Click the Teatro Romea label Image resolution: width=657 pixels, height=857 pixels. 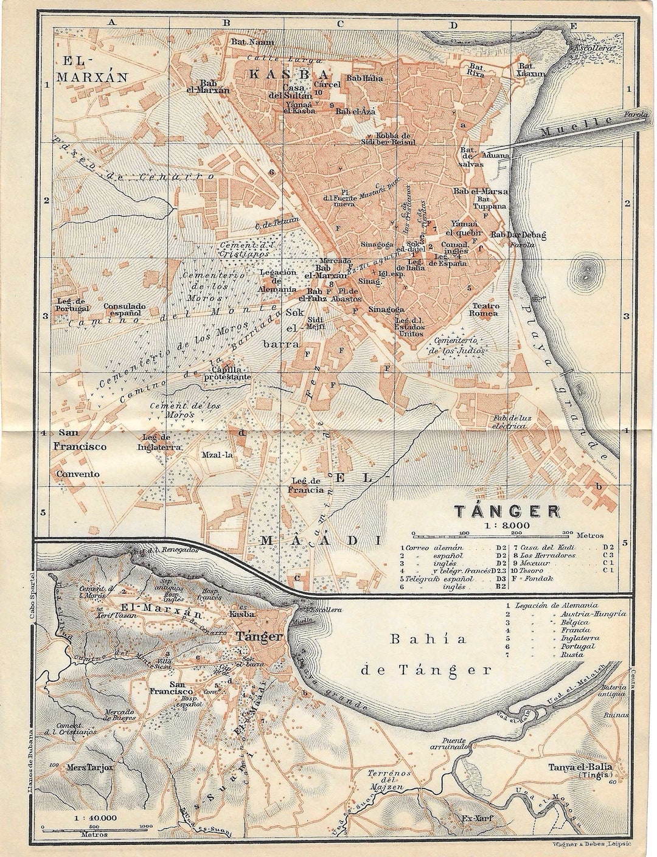pyautogui.click(x=484, y=310)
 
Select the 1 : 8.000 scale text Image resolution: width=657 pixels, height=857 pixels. pyautogui.click(x=498, y=525)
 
